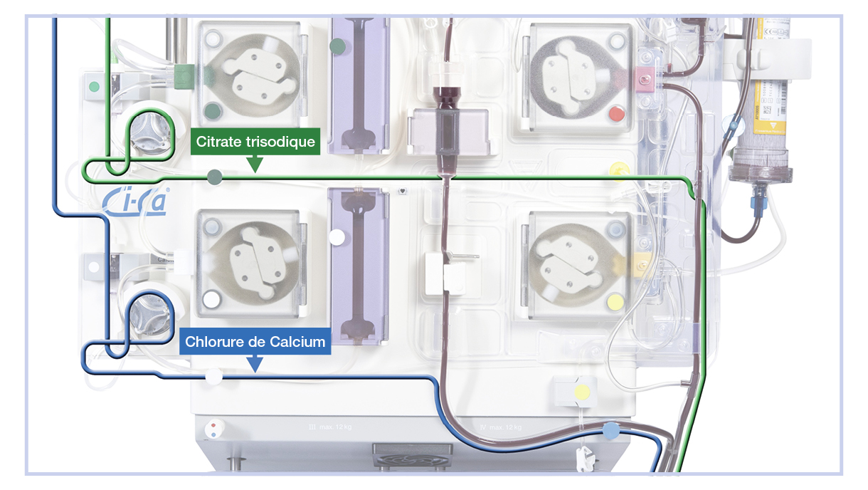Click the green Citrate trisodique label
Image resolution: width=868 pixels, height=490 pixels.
coord(255,142)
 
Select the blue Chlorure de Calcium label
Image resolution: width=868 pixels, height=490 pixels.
coord(255,342)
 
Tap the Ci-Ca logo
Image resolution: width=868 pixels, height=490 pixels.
coord(134,202)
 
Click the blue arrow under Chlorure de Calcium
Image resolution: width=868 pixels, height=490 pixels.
coord(254,365)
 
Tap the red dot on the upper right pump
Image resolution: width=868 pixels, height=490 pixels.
coord(616,113)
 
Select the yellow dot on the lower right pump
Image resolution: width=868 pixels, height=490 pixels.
coord(615,301)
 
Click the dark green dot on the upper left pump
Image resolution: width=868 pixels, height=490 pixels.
coord(211,110)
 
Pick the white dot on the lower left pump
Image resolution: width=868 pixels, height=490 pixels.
coord(211,299)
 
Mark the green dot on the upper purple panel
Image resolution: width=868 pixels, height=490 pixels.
coord(338,47)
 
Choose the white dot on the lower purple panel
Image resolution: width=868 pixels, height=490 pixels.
coord(337,236)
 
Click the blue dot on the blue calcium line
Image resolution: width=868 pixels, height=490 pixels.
coord(610,430)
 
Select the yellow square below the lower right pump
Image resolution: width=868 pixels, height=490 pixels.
coord(582,391)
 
